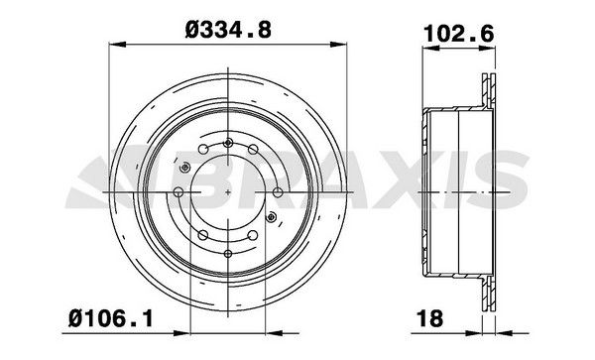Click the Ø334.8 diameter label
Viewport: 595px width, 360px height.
click(228, 30)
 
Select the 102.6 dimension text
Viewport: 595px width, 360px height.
click(459, 34)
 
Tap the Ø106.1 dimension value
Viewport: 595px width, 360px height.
click(111, 318)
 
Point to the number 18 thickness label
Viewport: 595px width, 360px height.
click(430, 318)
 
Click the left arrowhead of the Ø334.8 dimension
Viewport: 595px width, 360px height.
click(117, 45)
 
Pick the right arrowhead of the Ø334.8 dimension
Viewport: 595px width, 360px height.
click(338, 45)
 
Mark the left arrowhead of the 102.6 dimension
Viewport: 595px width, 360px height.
click(430, 49)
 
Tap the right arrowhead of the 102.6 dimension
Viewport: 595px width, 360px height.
click(487, 49)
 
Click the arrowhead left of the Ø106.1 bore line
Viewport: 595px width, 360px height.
click(181, 333)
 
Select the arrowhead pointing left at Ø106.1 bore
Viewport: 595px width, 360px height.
click(274, 333)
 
